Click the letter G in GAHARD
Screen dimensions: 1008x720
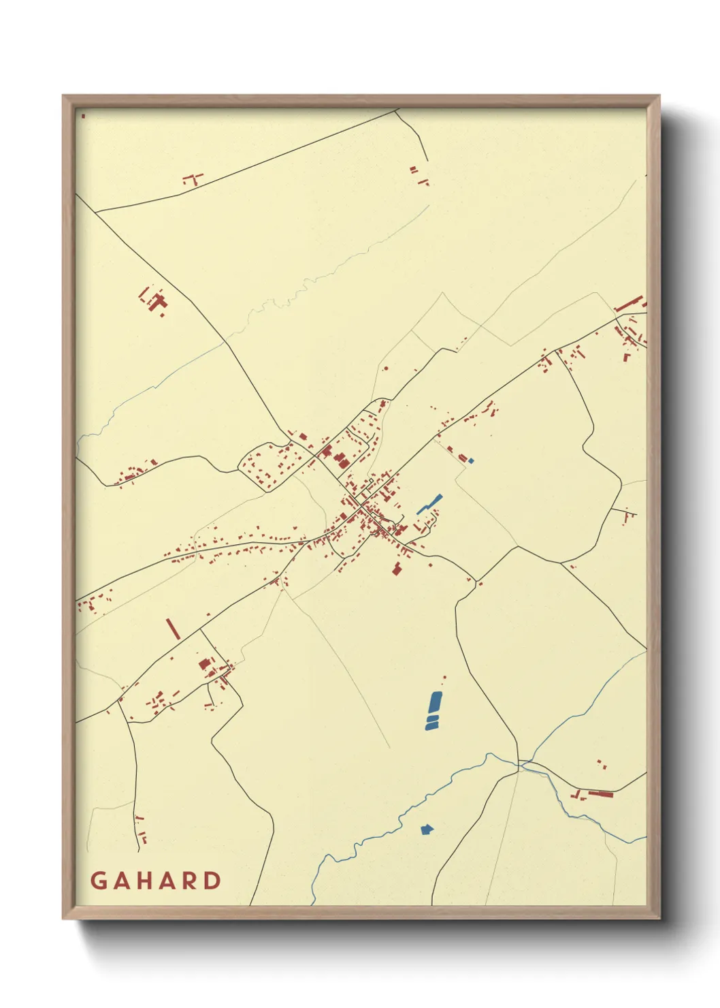click(98, 881)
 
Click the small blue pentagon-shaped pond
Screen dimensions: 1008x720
click(427, 829)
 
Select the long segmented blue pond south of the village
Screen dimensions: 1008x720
click(433, 710)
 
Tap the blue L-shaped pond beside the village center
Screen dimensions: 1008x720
click(429, 503)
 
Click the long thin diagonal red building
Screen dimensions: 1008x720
click(174, 629)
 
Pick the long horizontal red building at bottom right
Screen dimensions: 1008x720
click(600, 793)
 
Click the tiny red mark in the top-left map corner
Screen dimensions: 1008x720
click(83, 116)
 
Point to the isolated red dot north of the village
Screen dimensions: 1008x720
click(386, 368)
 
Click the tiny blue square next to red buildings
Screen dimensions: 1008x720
click(471, 461)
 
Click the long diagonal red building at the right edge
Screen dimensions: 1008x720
click(629, 304)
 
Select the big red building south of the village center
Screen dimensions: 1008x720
click(396, 568)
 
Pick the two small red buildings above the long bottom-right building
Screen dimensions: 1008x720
click(601, 764)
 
